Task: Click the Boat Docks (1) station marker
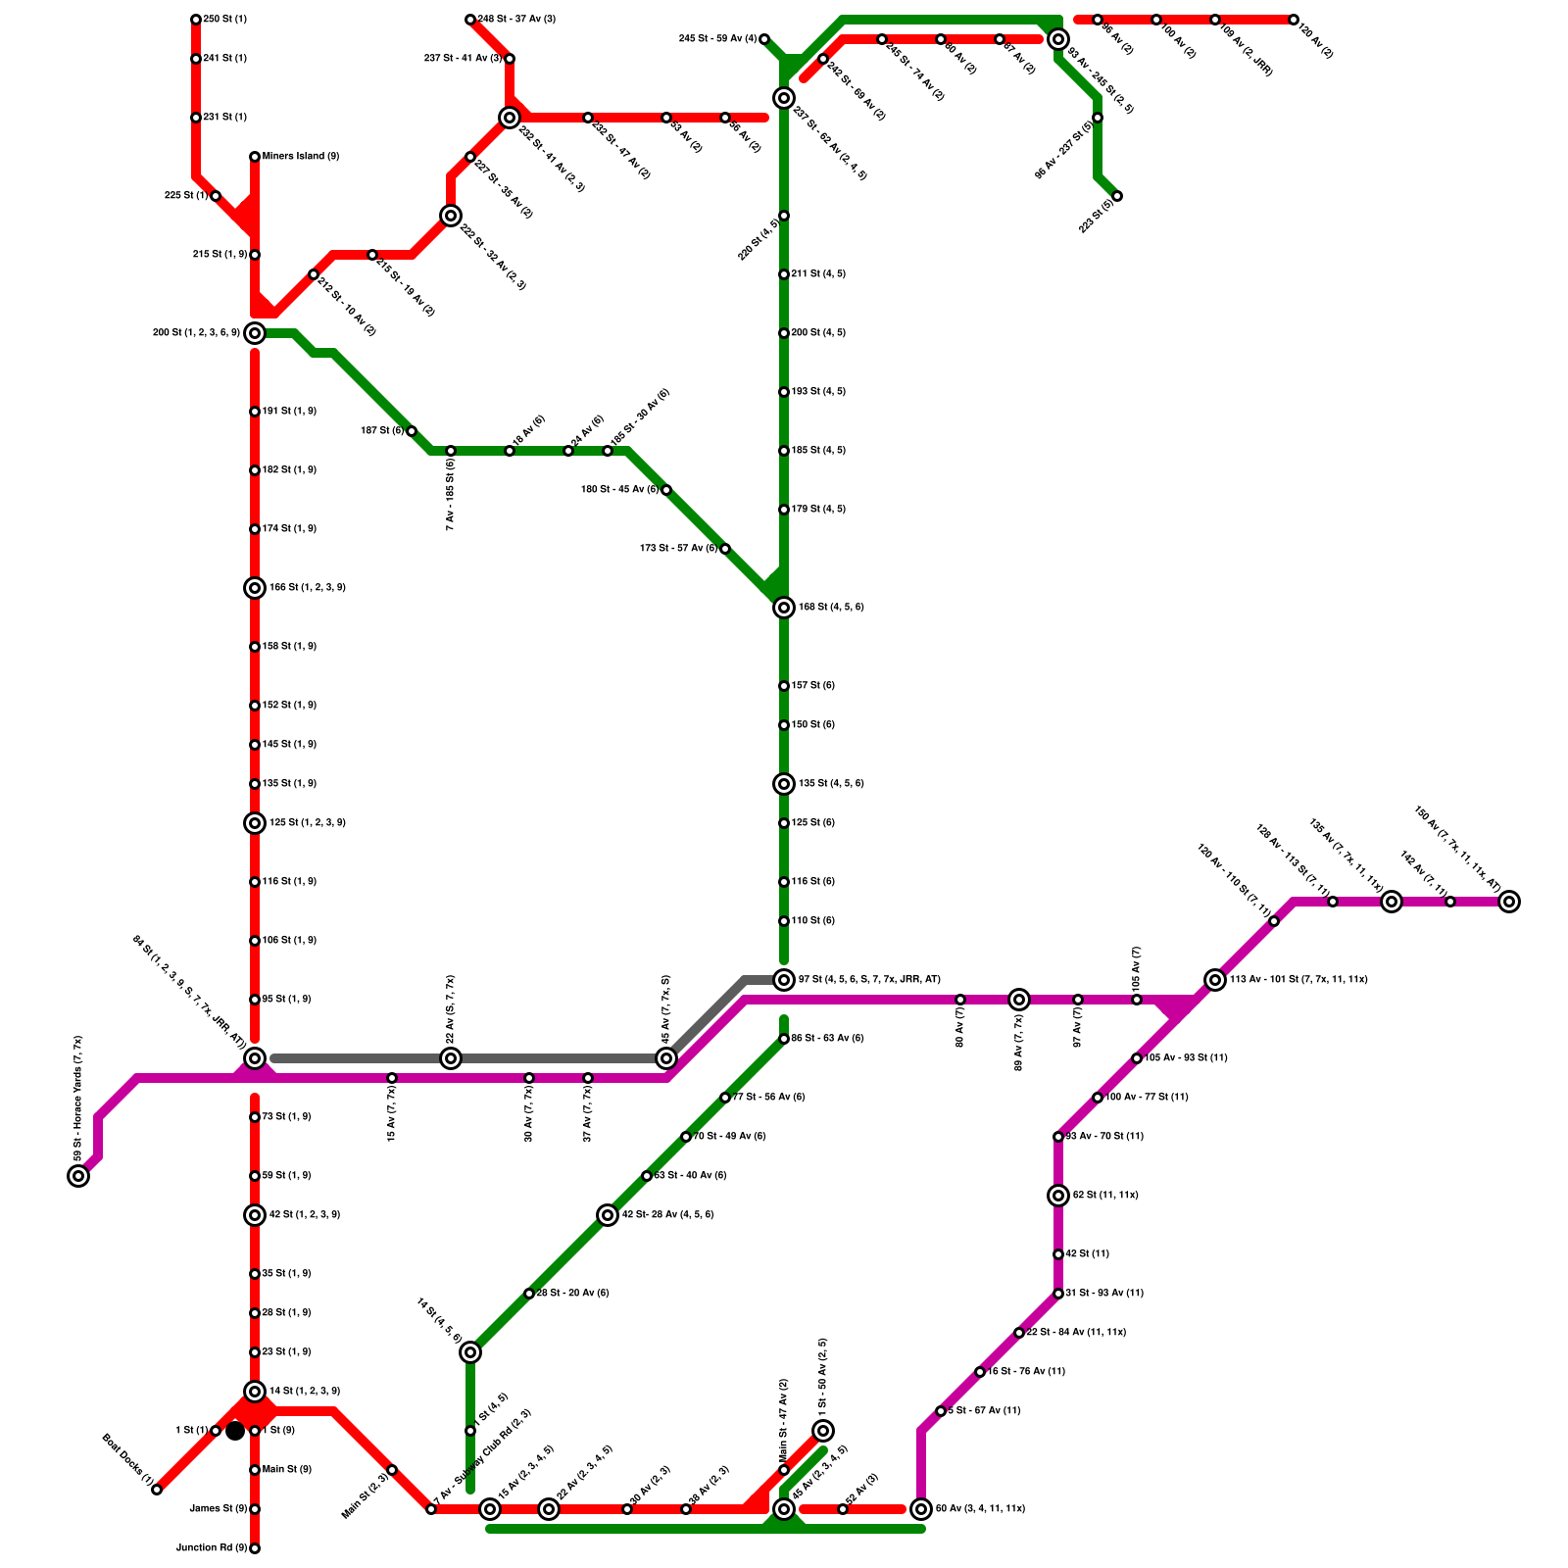[157, 1490]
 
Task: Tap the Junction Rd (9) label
[211, 1548]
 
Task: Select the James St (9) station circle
[255, 1509]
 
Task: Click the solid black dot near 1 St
[235, 1432]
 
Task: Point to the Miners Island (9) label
[301, 157]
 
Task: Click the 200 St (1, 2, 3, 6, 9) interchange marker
[255, 333]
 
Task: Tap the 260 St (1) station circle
[196, 20]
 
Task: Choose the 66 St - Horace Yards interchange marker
[78, 1176]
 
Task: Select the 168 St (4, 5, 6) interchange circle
[784, 608]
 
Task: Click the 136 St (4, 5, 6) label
[831, 784]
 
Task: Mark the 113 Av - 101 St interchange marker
[1215, 980]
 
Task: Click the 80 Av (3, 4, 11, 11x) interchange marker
[921, 1509]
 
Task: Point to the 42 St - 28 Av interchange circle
[608, 1215]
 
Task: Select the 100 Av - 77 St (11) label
[1147, 1098]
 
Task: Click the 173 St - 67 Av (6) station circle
[725, 549]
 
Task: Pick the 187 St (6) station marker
[412, 431]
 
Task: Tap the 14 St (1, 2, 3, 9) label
[305, 1392]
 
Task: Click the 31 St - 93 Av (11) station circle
[1058, 1294]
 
